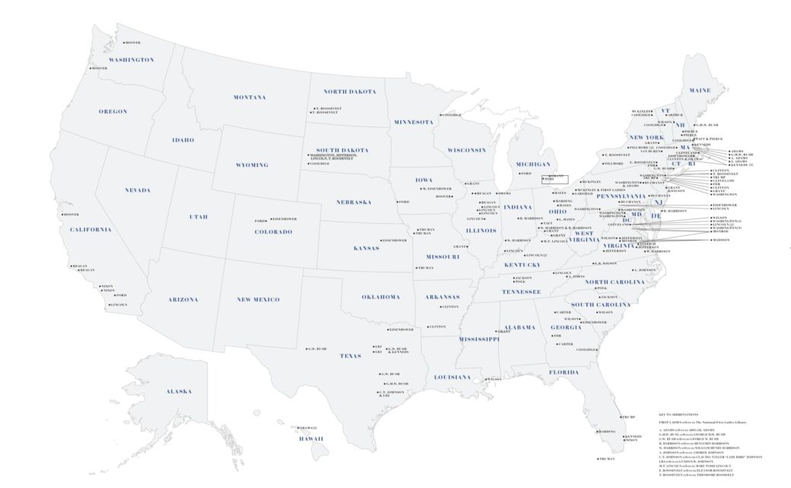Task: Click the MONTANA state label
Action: (249, 97)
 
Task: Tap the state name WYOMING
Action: (252, 165)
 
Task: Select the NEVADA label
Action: (137, 190)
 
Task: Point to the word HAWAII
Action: (310, 439)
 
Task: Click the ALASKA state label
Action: (179, 391)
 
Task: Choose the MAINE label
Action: (700, 91)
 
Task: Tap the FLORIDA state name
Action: (564, 372)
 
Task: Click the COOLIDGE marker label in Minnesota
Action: (452, 115)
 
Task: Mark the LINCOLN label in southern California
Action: (118, 305)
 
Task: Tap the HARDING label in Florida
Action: (606, 432)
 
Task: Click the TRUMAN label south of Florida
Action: (606, 459)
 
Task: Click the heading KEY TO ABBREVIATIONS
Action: (676, 414)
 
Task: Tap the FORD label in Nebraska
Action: (404, 202)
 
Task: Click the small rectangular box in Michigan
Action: (554, 179)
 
